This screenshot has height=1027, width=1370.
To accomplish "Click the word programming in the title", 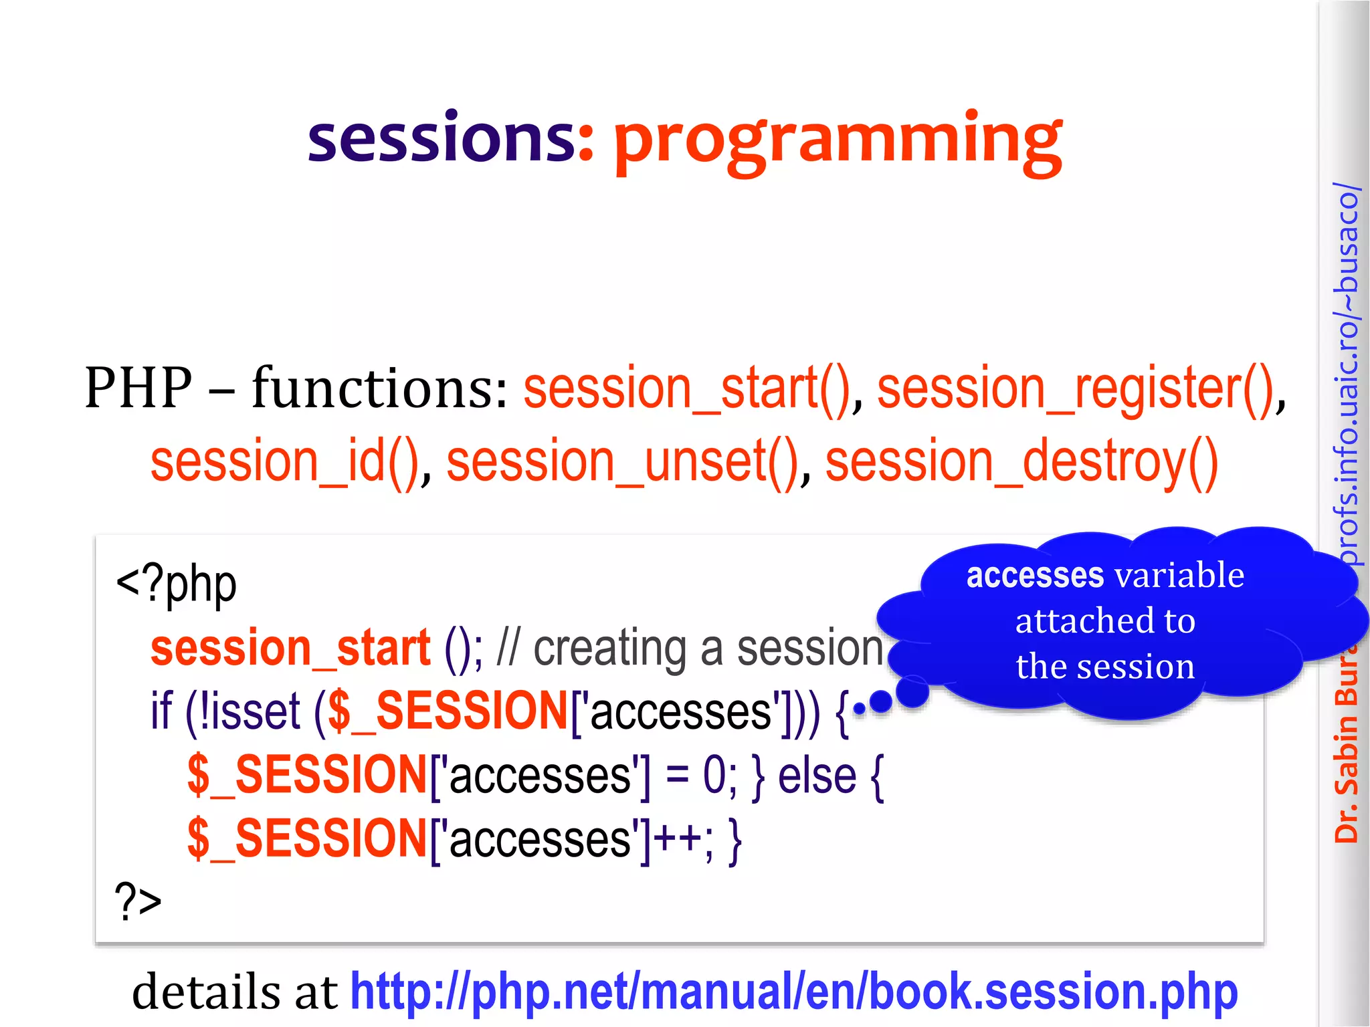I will tap(838, 142).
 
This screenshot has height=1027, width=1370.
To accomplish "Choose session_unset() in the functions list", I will tap(622, 463).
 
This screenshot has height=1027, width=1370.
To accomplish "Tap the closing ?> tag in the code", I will tap(138, 901).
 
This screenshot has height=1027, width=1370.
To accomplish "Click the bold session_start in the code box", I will tap(290, 649).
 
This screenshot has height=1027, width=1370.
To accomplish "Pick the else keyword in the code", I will tap(817, 776).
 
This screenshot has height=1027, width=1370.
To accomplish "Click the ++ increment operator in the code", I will tap(677, 838).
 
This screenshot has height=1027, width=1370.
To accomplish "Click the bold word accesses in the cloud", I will tap(1034, 576).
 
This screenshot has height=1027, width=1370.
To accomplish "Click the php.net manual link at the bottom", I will tap(793, 991).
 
